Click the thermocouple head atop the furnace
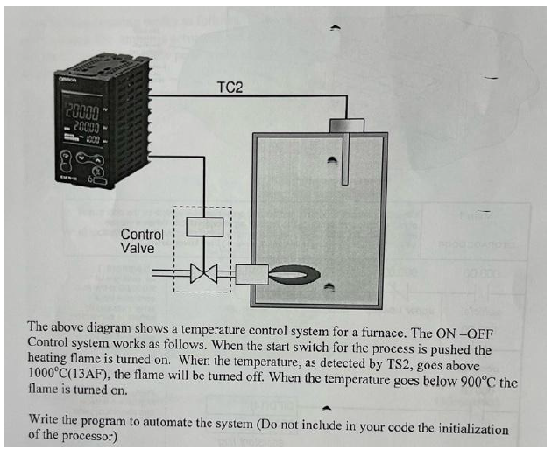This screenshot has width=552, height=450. (x=346, y=125)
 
